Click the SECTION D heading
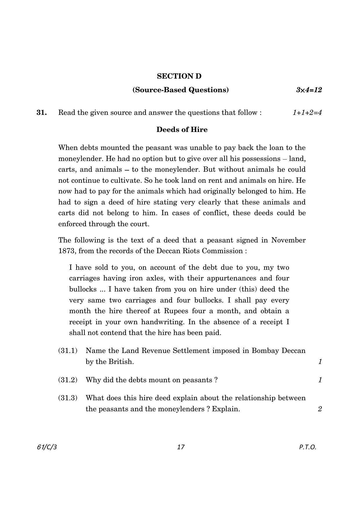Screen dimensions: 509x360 pyautogui.click(x=179, y=76)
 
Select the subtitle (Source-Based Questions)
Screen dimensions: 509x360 pyautogui.click(x=180, y=90)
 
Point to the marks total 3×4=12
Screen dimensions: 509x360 pyautogui.click(x=309, y=90)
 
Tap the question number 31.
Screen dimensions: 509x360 pyautogui.click(x=41, y=113)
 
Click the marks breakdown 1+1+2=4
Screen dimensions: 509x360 pyautogui.click(x=307, y=113)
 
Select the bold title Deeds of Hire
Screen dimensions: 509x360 pyautogui.click(x=182, y=130)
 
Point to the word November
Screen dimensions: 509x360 pyautogui.click(x=288, y=240)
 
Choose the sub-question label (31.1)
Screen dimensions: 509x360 pyautogui.click(x=68, y=351)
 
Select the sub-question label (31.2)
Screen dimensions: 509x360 pyautogui.click(x=68, y=380)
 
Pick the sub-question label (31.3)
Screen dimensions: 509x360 pyautogui.click(x=68, y=398)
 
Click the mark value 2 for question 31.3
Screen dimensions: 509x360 pyautogui.click(x=320, y=409)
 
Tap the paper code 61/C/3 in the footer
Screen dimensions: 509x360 pyautogui.click(x=47, y=447)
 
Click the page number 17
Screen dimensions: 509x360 pyautogui.click(x=180, y=447)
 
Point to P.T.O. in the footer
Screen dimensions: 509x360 pyautogui.click(x=307, y=447)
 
